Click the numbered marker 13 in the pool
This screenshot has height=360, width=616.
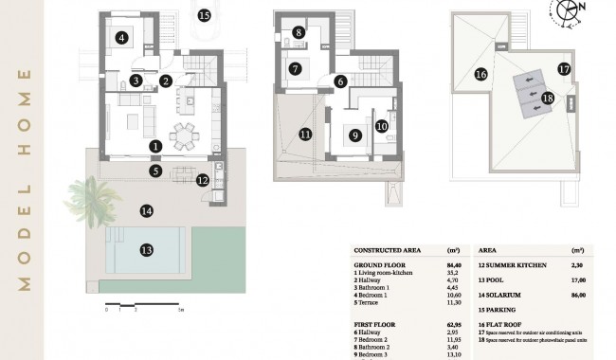[x=146, y=250]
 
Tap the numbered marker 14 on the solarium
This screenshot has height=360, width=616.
[x=146, y=211]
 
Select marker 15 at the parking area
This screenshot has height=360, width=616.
[x=204, y=14]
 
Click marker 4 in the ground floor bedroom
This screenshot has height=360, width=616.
[x=121, y=38]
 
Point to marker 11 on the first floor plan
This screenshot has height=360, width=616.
[x=304, y=135]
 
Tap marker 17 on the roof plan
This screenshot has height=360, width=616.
[x=563, y=69]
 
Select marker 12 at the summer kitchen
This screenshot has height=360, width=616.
[x=202, y=180]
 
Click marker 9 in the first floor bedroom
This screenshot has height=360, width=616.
[x=354, y=135]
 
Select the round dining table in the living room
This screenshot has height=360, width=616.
[x=183, y=135]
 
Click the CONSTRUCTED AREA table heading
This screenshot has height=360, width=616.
[x=388, y=250]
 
